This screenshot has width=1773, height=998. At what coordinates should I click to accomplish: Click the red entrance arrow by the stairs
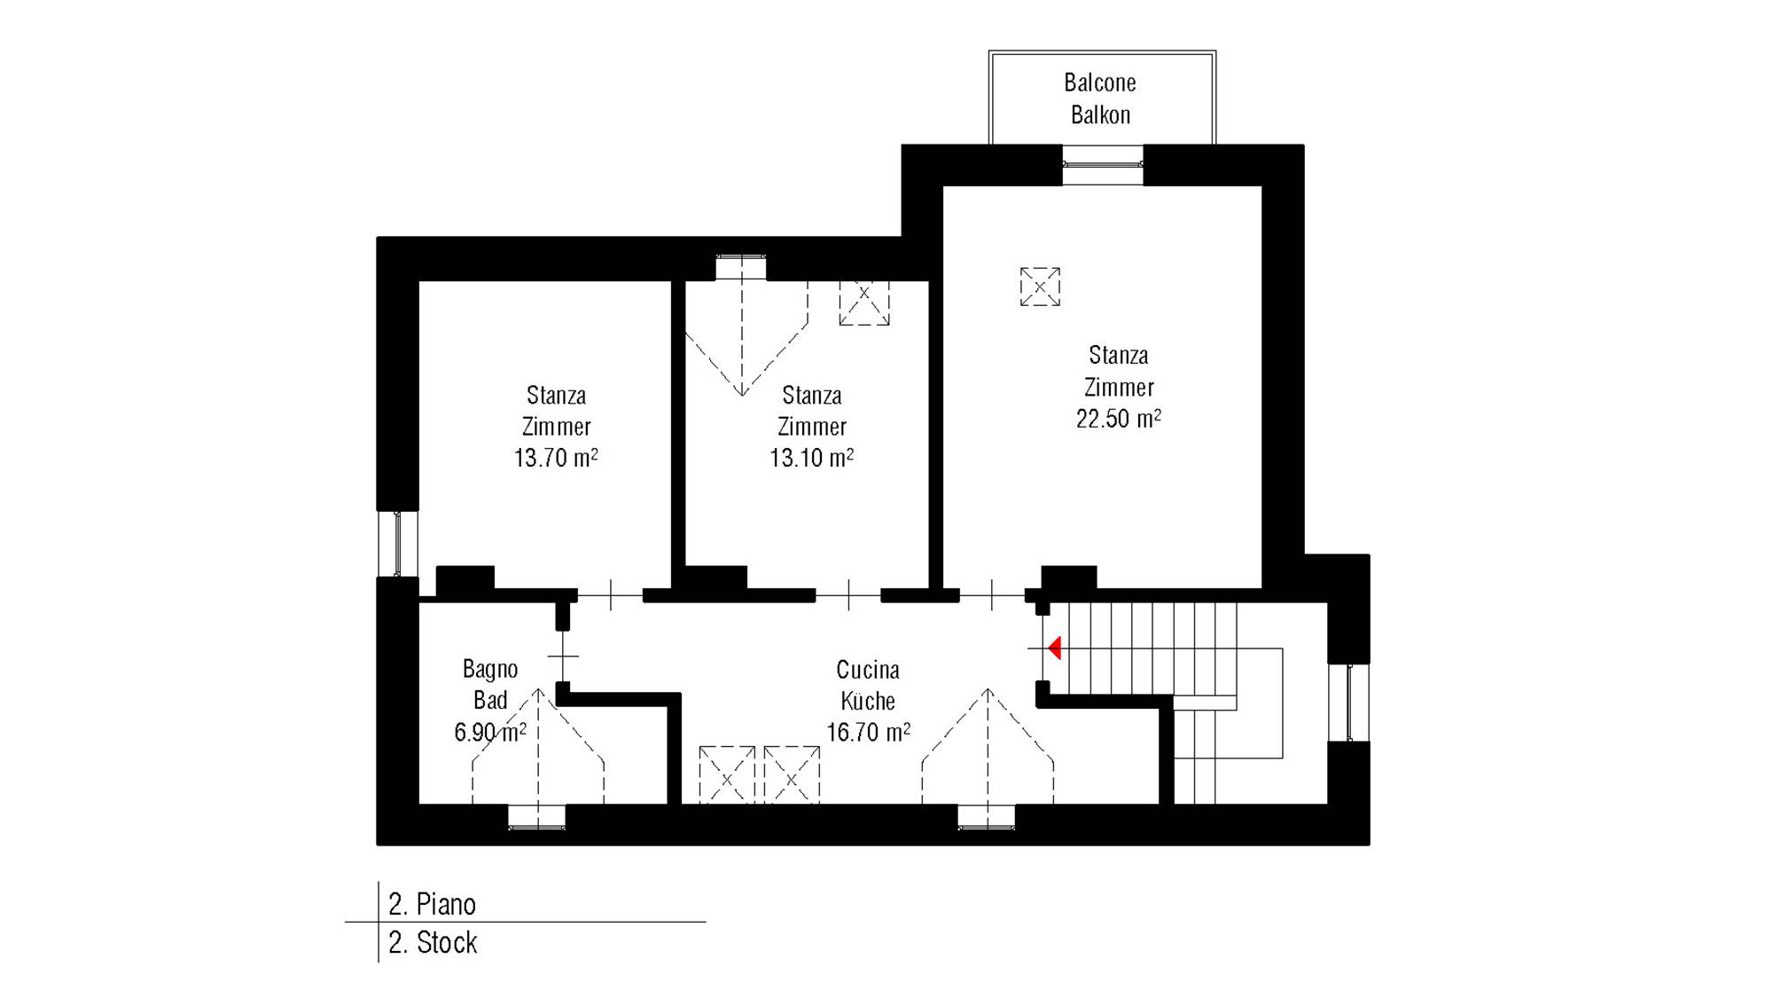coord(1055,648)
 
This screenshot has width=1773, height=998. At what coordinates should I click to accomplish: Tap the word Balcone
coord(1100,83)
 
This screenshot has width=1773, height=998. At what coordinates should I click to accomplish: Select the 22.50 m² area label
coord(1119,419)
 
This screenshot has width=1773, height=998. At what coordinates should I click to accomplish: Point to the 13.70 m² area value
coord(556,458)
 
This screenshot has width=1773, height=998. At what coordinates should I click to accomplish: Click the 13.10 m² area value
coord(812,458)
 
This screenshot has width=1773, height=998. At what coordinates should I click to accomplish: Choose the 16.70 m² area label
coord(869,733)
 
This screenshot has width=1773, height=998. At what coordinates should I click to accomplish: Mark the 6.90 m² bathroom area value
coord(490,733)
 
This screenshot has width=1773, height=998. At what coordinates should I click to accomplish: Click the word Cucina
coord(868,670)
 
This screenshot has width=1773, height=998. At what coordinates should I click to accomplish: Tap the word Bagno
coord(490,669)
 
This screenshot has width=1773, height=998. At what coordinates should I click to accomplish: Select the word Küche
coord(868,701)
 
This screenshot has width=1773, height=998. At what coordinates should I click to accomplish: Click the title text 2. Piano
coord(433,904)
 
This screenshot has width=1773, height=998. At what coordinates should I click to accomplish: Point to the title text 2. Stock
coord(433,942)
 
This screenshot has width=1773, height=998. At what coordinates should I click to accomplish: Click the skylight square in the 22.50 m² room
coord(1040,287)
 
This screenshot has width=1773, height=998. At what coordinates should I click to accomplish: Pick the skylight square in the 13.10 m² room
coord(864,303)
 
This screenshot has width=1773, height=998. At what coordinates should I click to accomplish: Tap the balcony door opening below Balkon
coord(1103,165)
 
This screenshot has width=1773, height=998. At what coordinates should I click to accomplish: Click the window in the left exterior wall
coord(397,544)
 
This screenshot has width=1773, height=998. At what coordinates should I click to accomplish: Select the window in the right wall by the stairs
coord(1348,703)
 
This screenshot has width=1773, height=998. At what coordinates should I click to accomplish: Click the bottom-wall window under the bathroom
coord(536,817)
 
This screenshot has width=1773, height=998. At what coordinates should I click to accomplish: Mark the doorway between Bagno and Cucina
coord(563,656)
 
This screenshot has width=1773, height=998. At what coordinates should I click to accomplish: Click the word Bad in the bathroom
coord(490,701)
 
